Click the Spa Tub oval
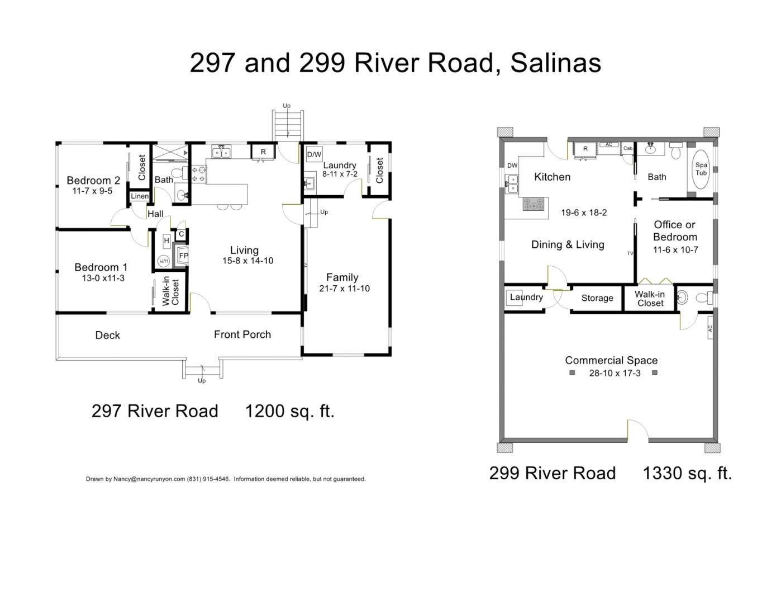[x=701, y=168]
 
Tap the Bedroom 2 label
[x=93, y=180]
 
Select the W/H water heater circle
[x=164, y=261]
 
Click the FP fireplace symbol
[x=183, y=256]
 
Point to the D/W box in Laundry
[x=314, y=154]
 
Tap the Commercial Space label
[x=611, y=360]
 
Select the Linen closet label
[x=140, y=196]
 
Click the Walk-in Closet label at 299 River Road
[x=650, y=299]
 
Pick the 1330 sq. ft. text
[x=687, y=473]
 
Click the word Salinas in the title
[x=555, y=63]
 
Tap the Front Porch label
[x=242, y=334]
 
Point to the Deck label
[x=108, y=335]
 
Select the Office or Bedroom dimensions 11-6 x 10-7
[x=675, y=250]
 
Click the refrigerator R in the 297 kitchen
[x=263, y=152]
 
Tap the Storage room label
[x=597, y=298]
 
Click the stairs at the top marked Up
[x=287, y=125]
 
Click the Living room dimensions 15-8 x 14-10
[x=247, y=261]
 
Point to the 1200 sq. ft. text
[x=289, y=411]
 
